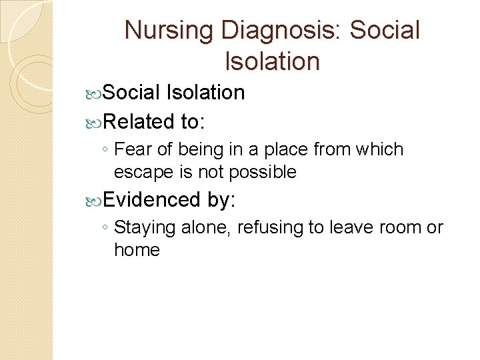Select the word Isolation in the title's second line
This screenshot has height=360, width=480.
[x=273, y=61]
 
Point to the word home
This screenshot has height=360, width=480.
[x=137, y=250]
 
